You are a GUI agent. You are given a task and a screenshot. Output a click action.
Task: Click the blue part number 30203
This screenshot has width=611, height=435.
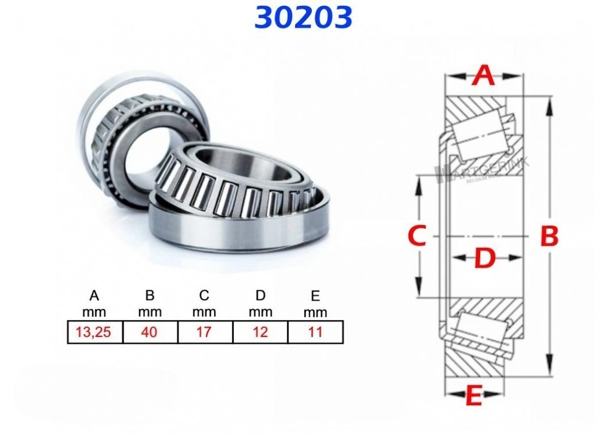(303, 17)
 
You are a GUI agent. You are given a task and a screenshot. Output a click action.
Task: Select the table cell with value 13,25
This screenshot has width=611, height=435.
(94, 332)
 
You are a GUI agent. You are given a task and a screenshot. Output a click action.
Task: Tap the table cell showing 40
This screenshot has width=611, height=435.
(150, 332)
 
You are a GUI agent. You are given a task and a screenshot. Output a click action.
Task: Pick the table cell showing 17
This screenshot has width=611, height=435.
(205, 332)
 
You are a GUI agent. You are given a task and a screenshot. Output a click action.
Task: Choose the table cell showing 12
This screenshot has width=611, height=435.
(260, 332)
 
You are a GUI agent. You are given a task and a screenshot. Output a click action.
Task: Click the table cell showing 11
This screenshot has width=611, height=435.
(315, 332)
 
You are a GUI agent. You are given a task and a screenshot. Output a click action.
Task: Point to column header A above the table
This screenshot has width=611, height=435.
(94, 295)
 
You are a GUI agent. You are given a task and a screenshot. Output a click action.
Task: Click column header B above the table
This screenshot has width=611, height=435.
(150, 295)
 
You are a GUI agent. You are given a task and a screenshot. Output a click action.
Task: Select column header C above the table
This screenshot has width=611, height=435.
(205, 295)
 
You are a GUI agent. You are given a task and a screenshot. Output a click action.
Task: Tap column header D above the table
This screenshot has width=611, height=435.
(260, 295)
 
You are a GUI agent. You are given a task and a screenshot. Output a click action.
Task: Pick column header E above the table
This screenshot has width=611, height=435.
(315, 296)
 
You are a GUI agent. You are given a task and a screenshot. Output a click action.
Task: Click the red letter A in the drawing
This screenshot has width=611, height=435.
(484, 76)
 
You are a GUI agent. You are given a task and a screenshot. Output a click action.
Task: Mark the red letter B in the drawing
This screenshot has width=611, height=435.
(549, 237)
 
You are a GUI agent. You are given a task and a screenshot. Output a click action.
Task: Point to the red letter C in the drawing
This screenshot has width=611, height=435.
(416, 237)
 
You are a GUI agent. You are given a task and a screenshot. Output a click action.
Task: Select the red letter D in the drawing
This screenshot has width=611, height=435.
(485, 259)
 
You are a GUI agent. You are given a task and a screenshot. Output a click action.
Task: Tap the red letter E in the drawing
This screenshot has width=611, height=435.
(473, 396)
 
